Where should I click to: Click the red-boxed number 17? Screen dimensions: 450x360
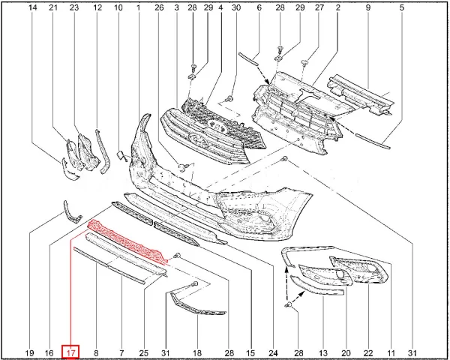tap(70, 352)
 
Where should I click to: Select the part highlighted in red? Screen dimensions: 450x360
tap(128, 241)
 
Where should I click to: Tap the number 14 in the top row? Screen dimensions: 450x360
tap(33, 7)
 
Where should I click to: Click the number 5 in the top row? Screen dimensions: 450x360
tap(401, 7)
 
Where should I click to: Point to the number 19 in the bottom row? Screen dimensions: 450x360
tap(30, 352)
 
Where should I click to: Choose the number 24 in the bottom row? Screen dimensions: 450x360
tap(273, 352)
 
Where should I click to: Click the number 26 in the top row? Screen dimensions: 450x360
tap(159, 7)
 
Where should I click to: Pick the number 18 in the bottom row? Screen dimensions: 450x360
tap(197, 352)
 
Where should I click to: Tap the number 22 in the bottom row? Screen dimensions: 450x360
tap(368, 352)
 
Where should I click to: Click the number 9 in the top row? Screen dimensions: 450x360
tap(368, 7)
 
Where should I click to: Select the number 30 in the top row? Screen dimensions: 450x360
tap(236, 7)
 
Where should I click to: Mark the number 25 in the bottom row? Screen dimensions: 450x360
tap(144, 352)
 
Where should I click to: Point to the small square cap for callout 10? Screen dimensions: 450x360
tap(120, 155)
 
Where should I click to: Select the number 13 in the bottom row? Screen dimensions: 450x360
tap(323, 352)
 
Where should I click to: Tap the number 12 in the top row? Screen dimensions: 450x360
tap(97, 7)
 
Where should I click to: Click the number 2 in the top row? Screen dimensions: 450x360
tap(337, 7)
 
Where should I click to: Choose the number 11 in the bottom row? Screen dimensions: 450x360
tap(391, 352)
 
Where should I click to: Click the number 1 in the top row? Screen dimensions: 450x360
tap(138, 7)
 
